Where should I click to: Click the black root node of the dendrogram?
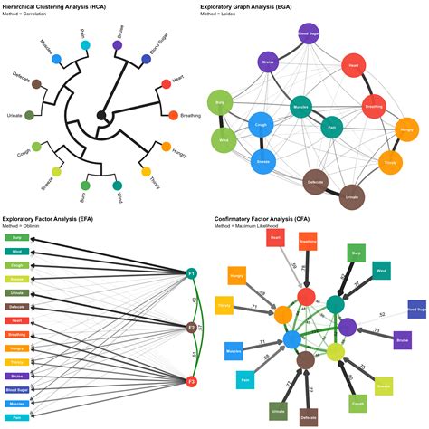[103, 114]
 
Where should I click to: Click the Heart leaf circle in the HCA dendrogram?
[166, 84]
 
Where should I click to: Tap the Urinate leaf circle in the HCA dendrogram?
[30, 115]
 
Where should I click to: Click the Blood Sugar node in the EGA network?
[308, 34]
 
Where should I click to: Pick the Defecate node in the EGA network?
[316, 181]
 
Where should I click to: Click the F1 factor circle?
[192, 272]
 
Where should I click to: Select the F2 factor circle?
[192, 327]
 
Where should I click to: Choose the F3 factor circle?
[192, 381]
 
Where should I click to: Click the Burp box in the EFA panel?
[18, 239]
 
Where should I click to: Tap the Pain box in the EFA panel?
[18, 417]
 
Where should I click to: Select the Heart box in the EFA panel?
[18, 321]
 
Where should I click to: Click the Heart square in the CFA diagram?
[277, 237]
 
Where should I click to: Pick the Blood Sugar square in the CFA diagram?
[417, 310]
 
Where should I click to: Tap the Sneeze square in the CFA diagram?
[384, 386]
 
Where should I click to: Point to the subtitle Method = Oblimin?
[27, 225]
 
